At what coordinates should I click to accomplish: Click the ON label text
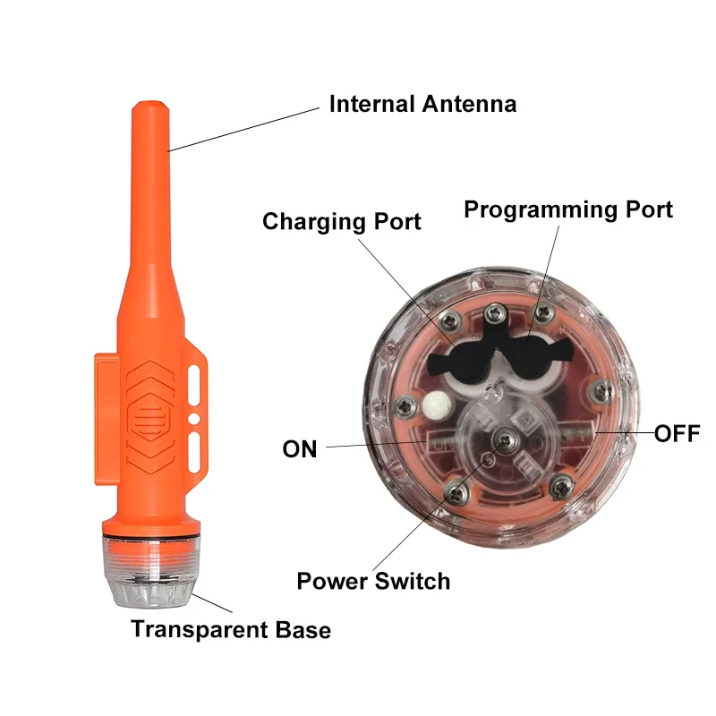300,448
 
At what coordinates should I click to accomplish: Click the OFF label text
677,435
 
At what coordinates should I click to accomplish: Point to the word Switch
412,582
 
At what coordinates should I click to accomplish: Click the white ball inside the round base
436,405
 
